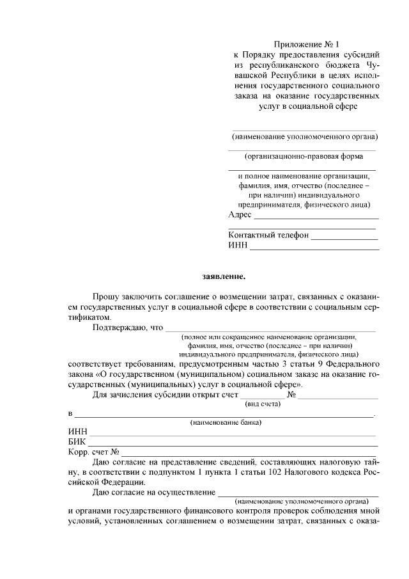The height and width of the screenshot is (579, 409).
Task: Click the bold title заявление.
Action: click(224, 276)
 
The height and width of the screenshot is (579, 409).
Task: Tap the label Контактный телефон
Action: click(268, 235)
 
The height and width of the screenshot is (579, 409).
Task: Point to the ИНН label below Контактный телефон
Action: click(237, 245)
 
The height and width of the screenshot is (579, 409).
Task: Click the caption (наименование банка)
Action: click(226, 423)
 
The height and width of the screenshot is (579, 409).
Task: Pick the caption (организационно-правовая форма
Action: click(304, 155)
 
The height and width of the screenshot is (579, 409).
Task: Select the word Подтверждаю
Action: click(120, 328)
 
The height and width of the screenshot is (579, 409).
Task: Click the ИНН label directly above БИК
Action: click(77, 432)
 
